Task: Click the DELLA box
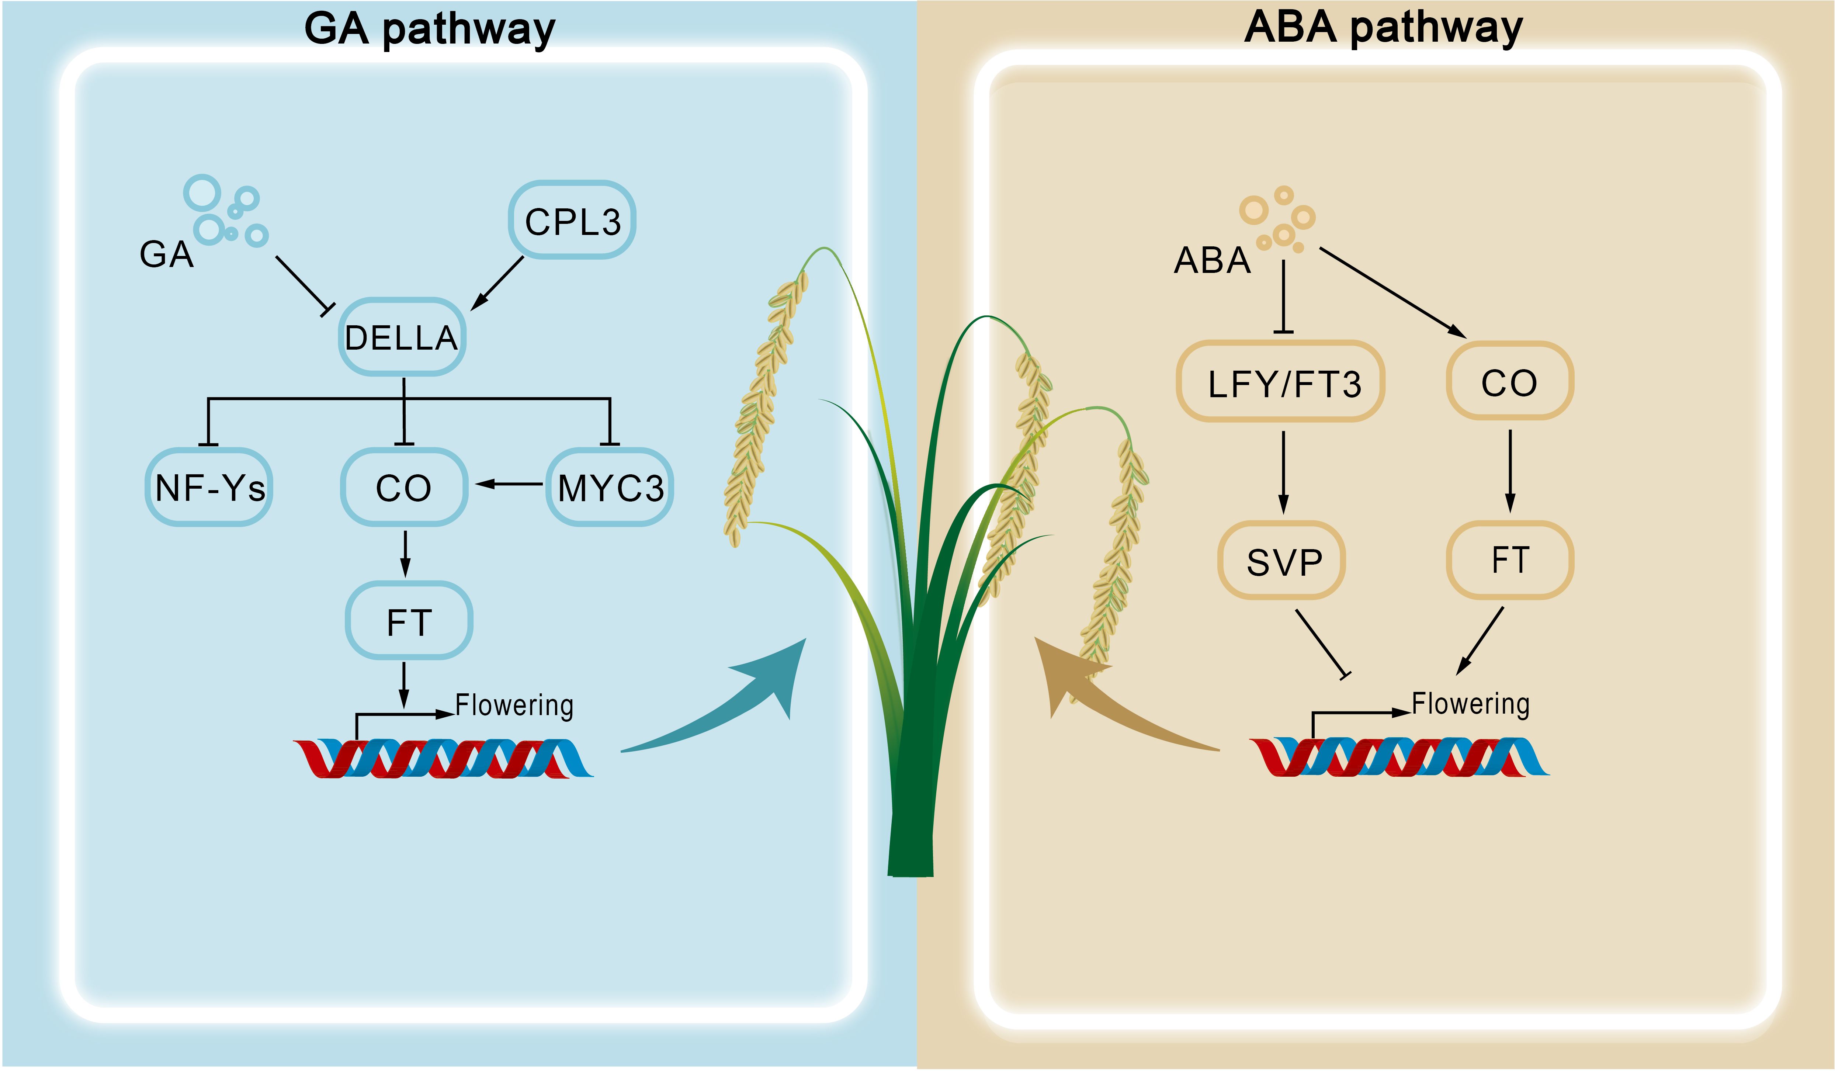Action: [x=402, y=337]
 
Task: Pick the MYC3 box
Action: [x=610, y=487]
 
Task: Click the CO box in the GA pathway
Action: [x=404, y=487]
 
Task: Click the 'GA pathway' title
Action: [x=430, y=29]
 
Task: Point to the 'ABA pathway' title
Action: [x=1384, y=28]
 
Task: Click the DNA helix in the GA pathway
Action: [x=444, y=759]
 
